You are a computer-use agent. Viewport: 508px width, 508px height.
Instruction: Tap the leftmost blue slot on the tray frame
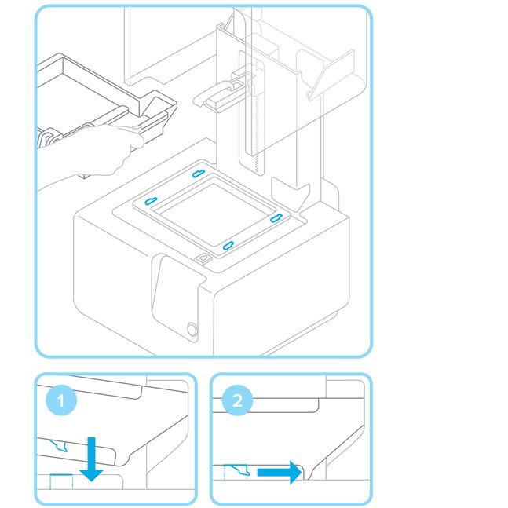pyautogui.click(x=152, y=201)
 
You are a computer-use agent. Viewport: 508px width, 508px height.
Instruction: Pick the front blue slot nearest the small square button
pyautogui.click(x=227, y=247)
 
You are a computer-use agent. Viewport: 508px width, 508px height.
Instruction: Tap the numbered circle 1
pyautogui.click(x=61, y=401)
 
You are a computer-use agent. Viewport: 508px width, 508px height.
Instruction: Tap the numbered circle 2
pyautogui.click(x=236, y=401)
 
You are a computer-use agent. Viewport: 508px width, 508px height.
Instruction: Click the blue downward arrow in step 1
pyautogui.click(x=93, y=459)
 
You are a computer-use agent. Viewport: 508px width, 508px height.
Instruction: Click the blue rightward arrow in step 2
pyautogui.click(x=279, y=472)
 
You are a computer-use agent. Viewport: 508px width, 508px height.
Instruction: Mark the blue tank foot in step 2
pyautogui.click(x=241, y=470)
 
